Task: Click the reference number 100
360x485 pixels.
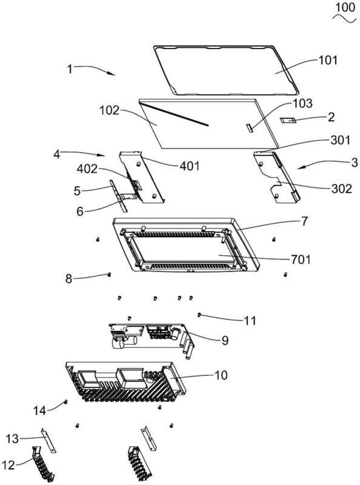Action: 345,7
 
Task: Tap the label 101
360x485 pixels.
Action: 328,60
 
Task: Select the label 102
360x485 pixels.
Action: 109,110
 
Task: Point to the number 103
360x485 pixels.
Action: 303,103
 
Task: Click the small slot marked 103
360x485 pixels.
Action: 249,127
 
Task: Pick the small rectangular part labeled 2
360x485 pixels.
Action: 288,120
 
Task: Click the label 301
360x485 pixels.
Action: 340,140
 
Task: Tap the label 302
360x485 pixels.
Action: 341,188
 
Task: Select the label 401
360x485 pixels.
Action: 190,166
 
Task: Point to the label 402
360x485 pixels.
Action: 87,169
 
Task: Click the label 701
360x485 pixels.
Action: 301,259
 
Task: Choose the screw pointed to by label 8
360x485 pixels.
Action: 109,274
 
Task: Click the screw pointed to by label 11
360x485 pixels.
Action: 199,315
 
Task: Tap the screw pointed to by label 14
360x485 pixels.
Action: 65,402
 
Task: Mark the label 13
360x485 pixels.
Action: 12,438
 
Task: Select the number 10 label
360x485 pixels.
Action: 221,375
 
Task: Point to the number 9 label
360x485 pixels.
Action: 225,340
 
